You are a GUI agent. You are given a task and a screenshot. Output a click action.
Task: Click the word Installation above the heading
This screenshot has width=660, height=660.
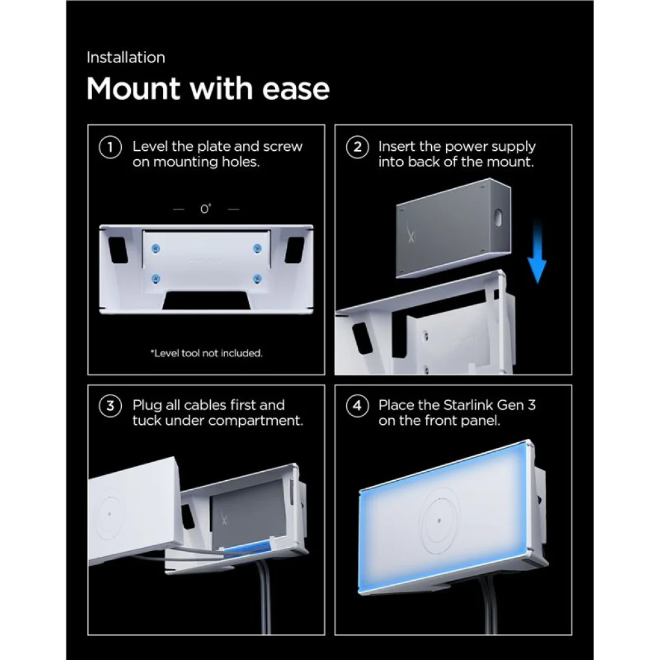[x=126, y=57]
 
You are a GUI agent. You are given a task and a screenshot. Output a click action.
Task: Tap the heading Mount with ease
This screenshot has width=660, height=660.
[x=208, y=89]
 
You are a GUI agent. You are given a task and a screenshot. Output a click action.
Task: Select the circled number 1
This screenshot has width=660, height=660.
[x=110, y=148]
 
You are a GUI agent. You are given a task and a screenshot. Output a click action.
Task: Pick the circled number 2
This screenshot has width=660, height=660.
[x=357, y=148]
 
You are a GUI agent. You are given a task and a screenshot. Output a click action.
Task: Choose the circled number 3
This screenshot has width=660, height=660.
[x=110, y=406]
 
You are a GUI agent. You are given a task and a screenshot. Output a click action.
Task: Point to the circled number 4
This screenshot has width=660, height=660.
[x=357, y=406]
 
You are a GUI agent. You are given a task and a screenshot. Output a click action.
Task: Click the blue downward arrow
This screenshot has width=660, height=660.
[x=537, y=251]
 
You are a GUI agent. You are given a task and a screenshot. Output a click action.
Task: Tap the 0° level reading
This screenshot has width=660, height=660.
[x=206, y=209]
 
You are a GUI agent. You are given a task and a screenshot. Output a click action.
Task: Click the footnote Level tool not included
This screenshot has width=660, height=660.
[x=206, y=353]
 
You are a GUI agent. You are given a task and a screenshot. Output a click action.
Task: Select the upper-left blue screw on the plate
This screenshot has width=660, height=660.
[x=156, y=249]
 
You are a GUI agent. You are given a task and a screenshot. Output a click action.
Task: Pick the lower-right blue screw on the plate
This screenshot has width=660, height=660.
[x=257, y=278]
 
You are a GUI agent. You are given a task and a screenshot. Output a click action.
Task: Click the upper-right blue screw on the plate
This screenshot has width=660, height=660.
[x=257, y=249]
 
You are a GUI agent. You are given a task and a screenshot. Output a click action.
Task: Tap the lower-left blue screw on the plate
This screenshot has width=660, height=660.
[x=156, y=278]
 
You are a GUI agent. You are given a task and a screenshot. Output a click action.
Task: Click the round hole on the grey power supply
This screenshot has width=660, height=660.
[x=498, y=217]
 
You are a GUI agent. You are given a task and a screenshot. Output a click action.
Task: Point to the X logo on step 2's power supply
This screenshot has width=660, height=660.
[x=411, y=236]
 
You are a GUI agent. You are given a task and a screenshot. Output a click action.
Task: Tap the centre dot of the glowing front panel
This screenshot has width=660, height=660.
[x=439, y=521]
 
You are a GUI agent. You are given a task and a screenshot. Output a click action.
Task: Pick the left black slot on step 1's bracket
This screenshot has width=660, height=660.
[x=119, y=249]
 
